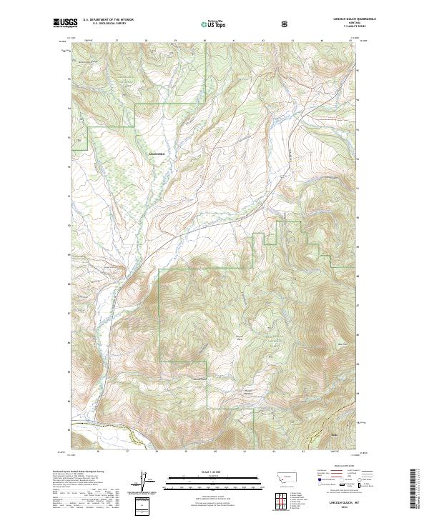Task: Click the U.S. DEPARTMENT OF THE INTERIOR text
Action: click(x=108, y=19)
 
